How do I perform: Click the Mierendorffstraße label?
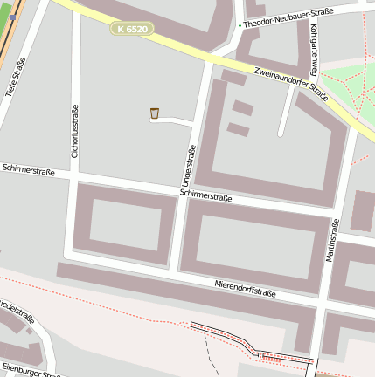(245, 288)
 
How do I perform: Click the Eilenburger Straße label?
(31, 370)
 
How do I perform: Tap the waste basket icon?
(155, 113)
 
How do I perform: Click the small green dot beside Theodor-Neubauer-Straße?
(240, 25)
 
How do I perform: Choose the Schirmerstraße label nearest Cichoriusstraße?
(28, 169)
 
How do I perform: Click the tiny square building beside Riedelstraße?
(29, 331)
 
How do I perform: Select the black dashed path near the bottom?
(210, 349)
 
